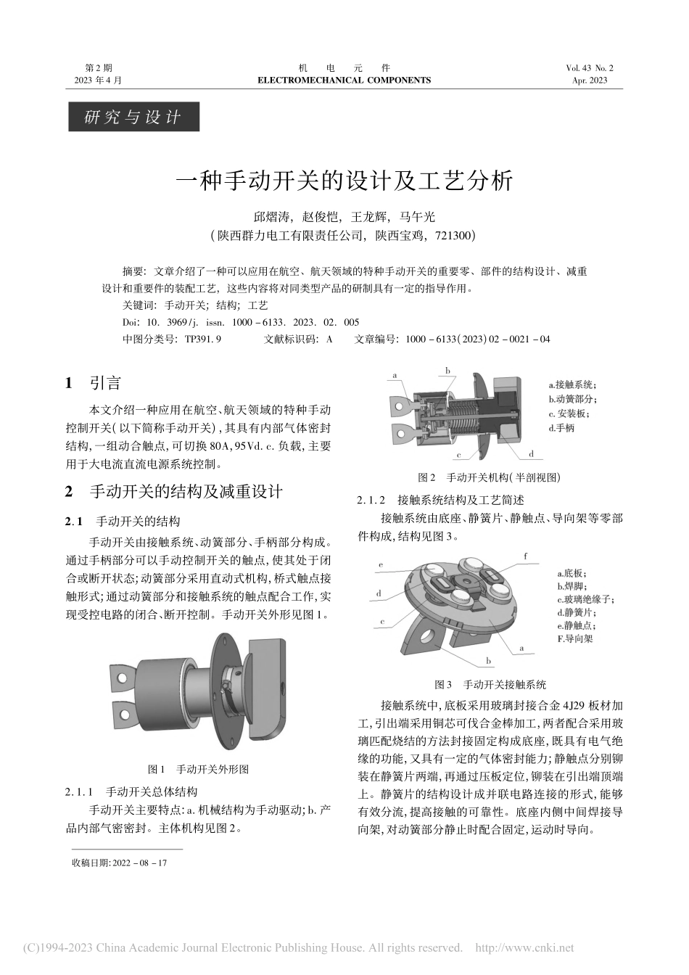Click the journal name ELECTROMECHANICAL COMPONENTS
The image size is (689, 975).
click(x=344, y=81)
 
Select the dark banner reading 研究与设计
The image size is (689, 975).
click(x=133, y=117)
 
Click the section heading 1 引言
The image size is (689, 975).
click(x=94, y=383)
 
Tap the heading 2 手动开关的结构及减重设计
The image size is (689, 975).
click(x=174, y=491)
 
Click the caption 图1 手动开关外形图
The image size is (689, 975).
click(x=198, y=769)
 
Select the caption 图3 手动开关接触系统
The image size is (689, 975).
click(x=490, y=684)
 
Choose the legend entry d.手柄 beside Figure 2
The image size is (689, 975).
click(x=561, y=428)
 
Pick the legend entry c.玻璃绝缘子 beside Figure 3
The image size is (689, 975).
click(x=585, y=599)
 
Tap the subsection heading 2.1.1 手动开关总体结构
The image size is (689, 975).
click(x=131, y=791)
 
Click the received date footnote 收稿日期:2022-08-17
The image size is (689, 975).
click(x=119, y=863)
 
